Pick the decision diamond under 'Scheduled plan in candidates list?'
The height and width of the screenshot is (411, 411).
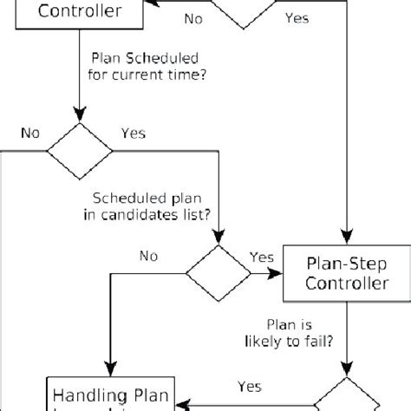pos(218,271)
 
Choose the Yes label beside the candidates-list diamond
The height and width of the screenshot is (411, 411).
pos(262,257)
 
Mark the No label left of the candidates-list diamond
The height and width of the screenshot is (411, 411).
pos(149,257)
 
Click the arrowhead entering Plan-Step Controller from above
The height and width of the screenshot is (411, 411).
pos(347,240)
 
